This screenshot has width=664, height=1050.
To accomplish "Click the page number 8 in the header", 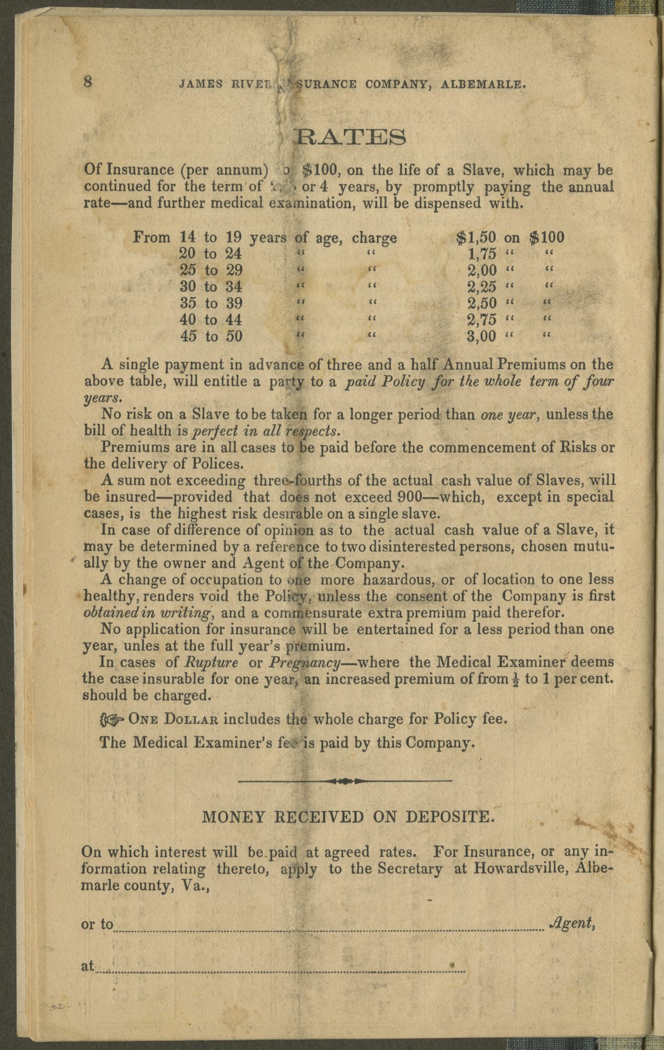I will pos(88,82).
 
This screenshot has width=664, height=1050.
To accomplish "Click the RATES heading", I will pos(350,138).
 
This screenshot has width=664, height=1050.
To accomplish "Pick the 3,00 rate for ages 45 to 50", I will pos(481,336).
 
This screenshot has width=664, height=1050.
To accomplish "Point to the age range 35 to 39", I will pos(211,303).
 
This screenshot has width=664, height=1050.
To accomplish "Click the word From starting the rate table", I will pos(152,237).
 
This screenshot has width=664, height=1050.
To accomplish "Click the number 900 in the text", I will pos(410,496).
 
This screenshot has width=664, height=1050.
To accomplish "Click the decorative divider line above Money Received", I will pos(345,781).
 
